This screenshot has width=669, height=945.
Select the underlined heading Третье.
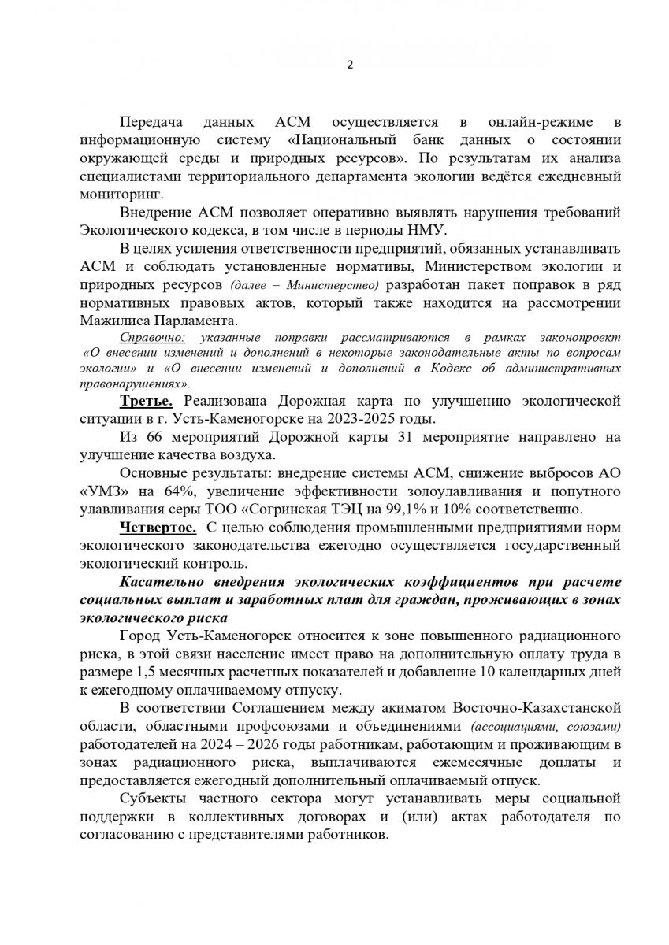click(x=145, y=402)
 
